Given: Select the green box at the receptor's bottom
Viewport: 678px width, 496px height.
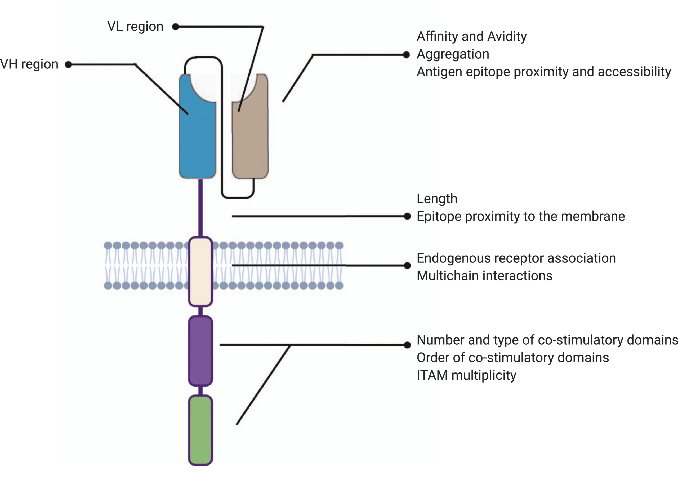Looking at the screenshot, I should (200, 430).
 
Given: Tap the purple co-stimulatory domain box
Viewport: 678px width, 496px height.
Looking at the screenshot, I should (200, 351).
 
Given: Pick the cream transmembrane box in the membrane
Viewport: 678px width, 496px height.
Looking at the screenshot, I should (200, 271).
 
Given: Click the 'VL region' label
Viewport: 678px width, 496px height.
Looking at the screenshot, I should (135, 27).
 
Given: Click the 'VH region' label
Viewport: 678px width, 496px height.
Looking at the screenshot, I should (29, 64).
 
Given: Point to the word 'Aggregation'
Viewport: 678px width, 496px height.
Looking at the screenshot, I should (453, 54).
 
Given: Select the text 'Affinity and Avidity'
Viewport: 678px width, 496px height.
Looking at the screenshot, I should (471, 36).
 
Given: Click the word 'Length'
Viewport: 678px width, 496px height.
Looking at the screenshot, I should (437, 199).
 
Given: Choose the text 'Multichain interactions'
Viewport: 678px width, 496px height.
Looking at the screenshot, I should (484, 276).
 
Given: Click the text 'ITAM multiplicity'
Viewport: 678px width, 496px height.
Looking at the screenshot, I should (466, 375).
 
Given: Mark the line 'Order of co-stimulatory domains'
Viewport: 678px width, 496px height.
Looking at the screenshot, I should (512, 358).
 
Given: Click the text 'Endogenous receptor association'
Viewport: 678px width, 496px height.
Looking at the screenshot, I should (516, 258).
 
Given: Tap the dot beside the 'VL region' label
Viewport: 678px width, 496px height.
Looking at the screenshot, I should (176, 27).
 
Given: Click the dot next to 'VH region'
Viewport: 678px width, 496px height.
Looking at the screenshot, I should (68, 64).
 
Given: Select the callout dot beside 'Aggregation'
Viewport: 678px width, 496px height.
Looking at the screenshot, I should (406, 55).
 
